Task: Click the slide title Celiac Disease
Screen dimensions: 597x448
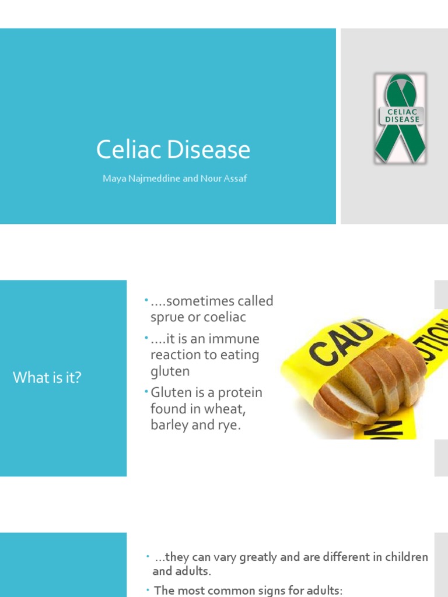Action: (x=173, y=150)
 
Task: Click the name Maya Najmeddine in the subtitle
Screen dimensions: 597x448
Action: (x=141, y=178)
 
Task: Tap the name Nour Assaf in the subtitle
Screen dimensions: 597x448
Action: (x=224, y=178)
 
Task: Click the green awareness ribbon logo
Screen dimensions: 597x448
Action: (x=400, y=118)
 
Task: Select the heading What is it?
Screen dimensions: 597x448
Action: (x=47, y=378)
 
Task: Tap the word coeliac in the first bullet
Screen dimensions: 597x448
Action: (x=223, y=317)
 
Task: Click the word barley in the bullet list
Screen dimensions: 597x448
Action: (x=169, y=425)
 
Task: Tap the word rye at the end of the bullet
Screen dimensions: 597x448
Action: (x=229, y=425)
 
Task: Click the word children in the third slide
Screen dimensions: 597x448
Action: (x=404, y=557)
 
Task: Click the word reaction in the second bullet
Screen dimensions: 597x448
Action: (x=173, y=355)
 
